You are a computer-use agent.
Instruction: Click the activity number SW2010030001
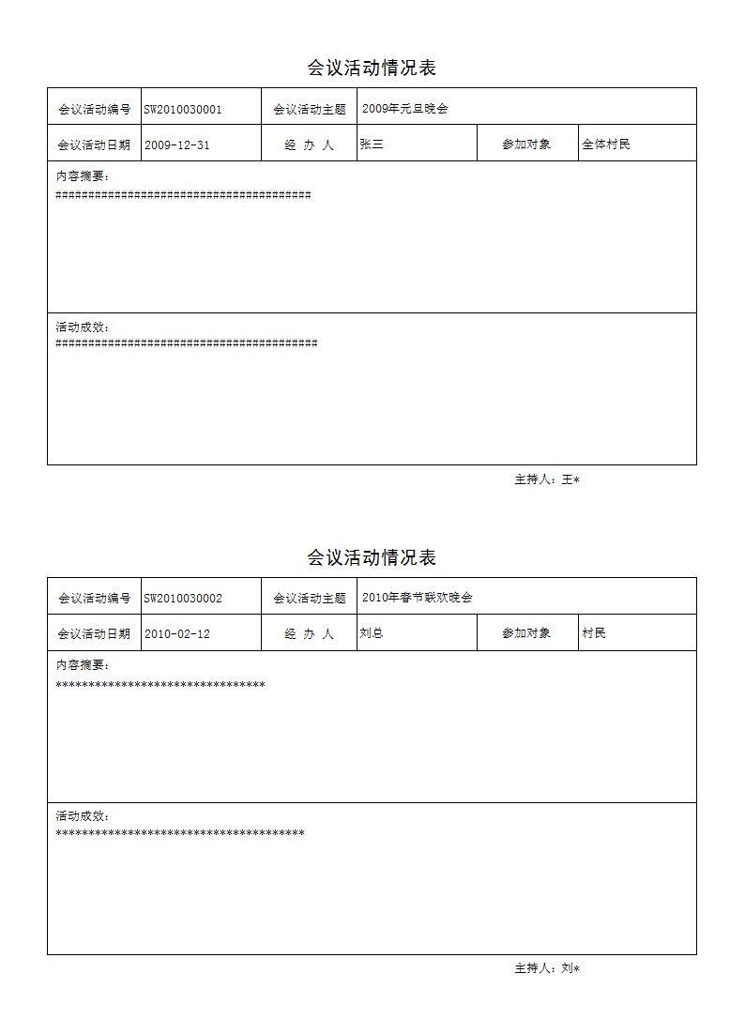(x=183, y=109)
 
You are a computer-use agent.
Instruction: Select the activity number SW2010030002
(x=183, y=598)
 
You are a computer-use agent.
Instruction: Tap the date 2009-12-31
(x=176, y=144)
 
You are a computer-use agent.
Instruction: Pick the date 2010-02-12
(x=176, y=634)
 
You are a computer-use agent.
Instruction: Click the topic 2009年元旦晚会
(x=405, y=109)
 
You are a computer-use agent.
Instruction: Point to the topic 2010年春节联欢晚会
(x=418, y=598)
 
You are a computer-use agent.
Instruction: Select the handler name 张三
(x=372, y=144)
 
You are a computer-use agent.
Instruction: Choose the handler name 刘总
(x=372, y=633)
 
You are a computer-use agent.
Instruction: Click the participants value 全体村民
(x=606, y=144)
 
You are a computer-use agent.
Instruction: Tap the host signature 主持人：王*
(x=547, y=479)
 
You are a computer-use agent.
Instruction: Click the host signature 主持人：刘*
(x=547, y=968)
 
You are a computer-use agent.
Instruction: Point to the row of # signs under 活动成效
(x=187, y=343)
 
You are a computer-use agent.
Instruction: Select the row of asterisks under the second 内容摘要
(x=160, y=685)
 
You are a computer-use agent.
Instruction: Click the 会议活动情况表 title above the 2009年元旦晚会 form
(x=372, y=68)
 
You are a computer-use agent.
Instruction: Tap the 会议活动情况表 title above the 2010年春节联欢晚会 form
(x=372, y=557)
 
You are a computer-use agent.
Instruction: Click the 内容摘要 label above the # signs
(x=83, y=175)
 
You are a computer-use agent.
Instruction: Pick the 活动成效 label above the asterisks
(x=83, y=816)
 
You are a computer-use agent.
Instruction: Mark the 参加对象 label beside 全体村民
(x=526, y=144)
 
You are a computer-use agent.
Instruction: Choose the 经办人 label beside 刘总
(x=309, y=634)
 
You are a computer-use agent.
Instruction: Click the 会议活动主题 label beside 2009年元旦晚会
(x=310, y=109)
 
